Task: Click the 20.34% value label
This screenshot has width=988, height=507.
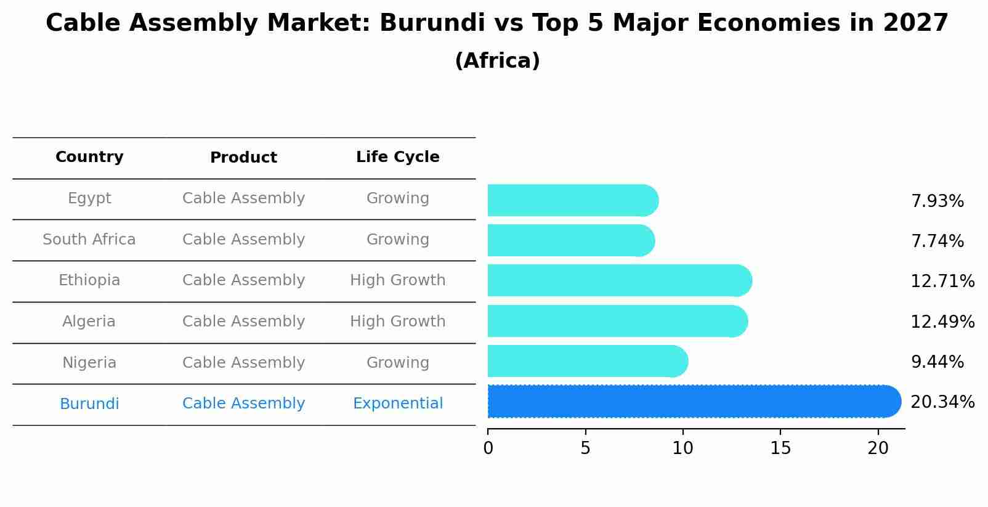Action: coord(942,402)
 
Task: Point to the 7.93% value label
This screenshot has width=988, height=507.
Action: coord(937,201)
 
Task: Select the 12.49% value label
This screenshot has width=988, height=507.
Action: coord(942,322)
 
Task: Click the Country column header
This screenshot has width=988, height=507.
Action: coord(89,157)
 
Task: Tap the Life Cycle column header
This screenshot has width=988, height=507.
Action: coord(397,157)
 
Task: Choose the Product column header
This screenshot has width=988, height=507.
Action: coord(243,158)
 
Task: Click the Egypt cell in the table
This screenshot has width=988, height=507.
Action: coord(89,198)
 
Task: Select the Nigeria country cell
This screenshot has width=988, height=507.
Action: coord(89,363)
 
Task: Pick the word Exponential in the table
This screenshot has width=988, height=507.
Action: coord(397,404)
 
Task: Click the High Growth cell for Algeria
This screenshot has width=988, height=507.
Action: coord(397,322)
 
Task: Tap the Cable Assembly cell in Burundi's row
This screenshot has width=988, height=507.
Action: coord(243,404)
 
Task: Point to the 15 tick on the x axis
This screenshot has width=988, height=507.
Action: coord(780,448)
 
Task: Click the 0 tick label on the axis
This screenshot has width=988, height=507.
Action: coord(488,448)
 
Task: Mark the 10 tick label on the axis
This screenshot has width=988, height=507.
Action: coord(682,448)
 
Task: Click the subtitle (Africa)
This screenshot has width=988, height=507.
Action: coord(497,61)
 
